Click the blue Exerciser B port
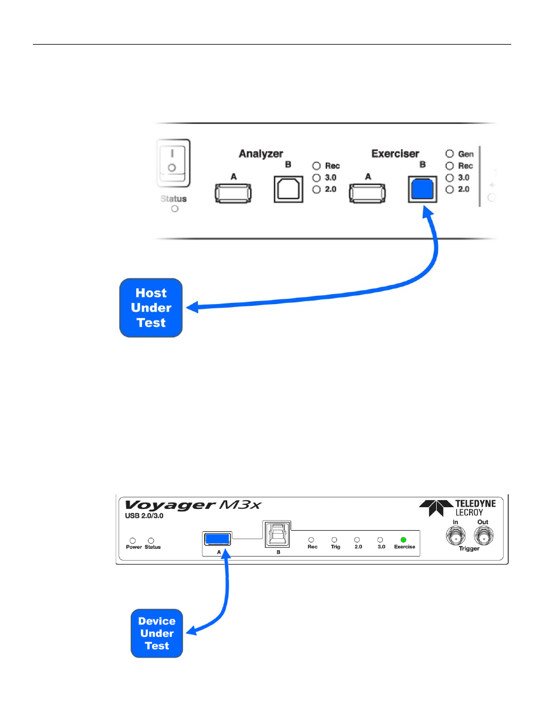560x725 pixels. (422, 189)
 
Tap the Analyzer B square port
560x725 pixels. (288, 189)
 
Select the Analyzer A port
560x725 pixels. (233, 193)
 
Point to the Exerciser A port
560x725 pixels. (367, 193)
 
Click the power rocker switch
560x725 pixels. (173, 163)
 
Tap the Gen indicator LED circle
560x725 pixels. (450, 153)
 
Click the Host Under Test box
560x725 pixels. (151, 308)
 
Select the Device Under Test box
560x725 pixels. (157, 633)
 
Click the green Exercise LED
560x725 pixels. (403, 539)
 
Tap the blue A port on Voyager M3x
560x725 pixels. (217, 539)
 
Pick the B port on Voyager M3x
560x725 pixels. (277, 534)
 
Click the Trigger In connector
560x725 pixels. (456, 536)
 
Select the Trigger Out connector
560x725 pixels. (484, 536)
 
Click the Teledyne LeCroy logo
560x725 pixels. (457, 508)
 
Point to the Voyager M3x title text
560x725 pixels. (193, 505)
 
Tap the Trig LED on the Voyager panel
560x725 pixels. (334, 539)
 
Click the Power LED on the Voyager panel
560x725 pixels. (133, 541)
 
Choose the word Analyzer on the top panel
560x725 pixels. (261, 154)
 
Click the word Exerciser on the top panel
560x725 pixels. (395, 154)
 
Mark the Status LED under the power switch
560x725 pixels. (174, 209)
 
